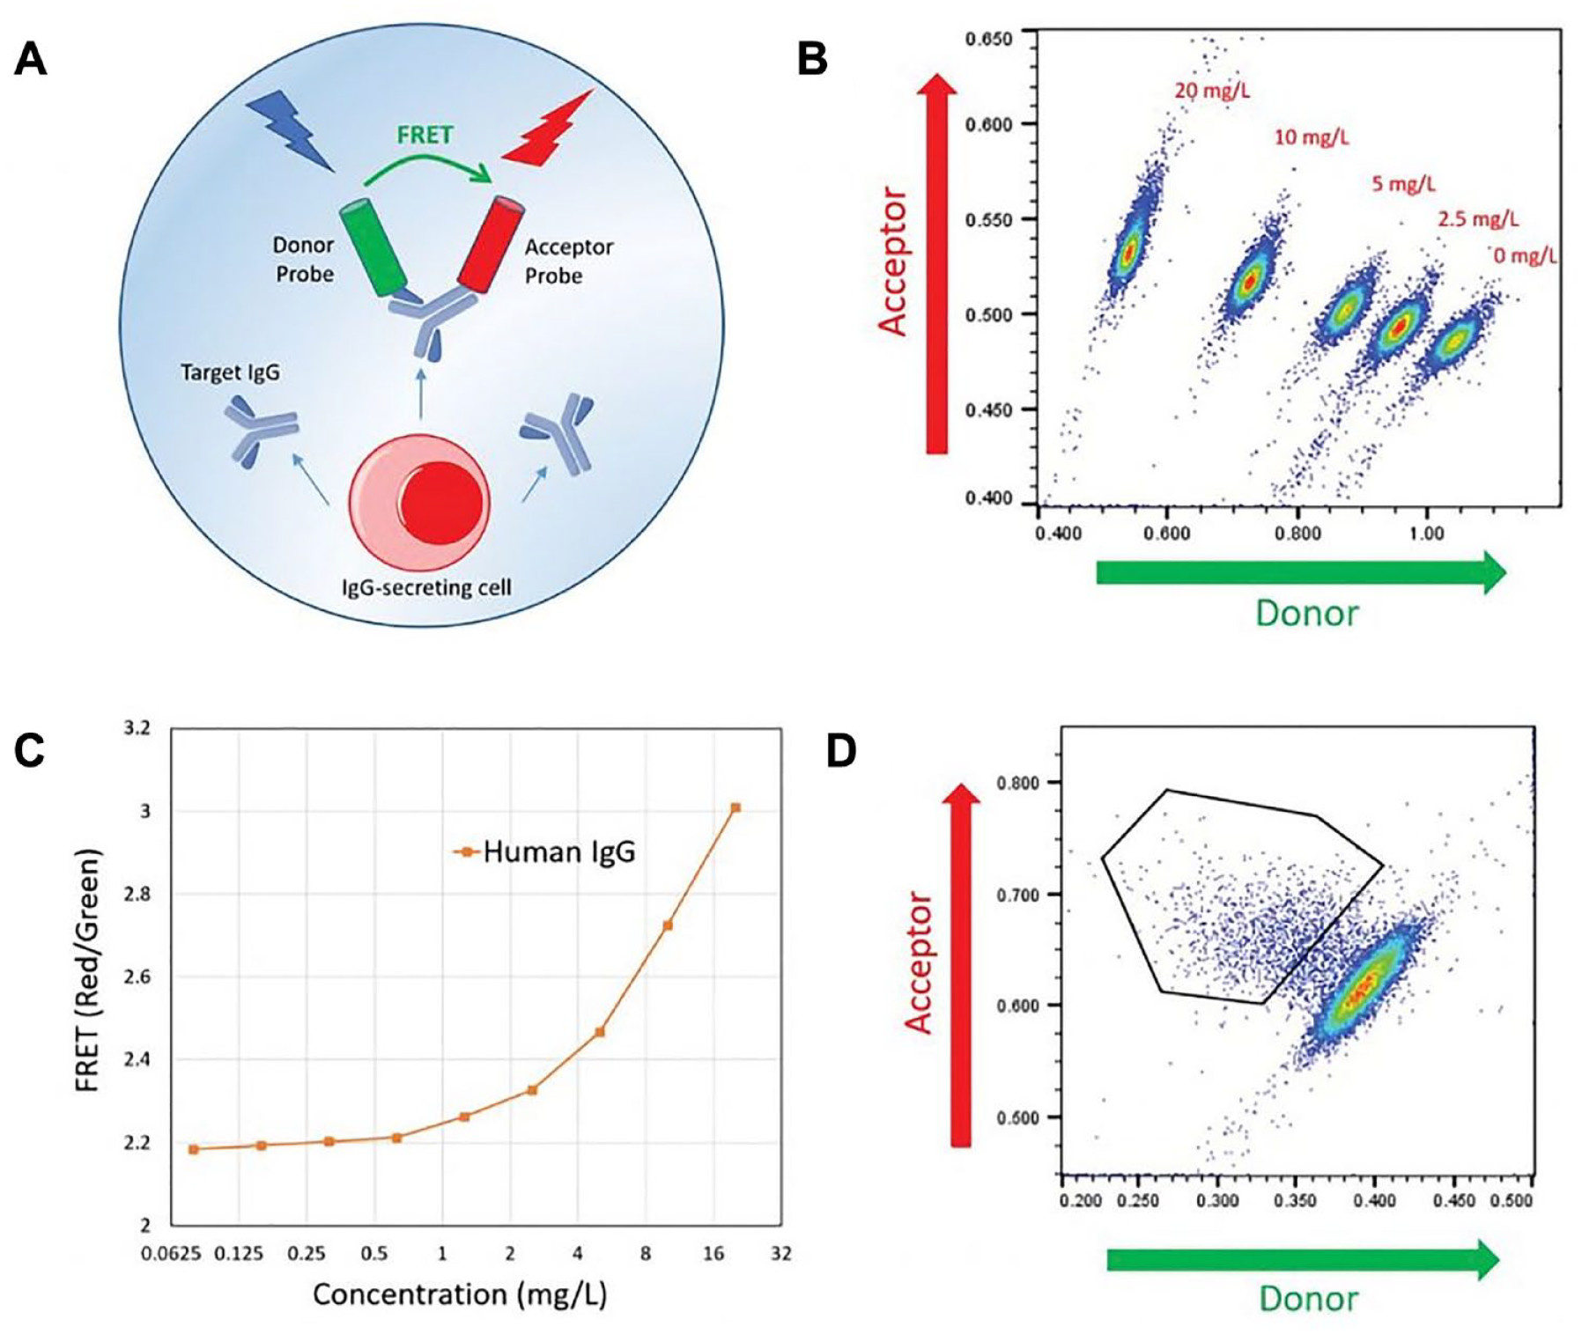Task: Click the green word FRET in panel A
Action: (425, 135)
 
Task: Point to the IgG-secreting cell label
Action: (426, 587)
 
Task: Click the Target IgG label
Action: (230, 372)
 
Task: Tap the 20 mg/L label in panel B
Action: (1212, 90)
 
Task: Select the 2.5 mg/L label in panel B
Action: (1478, 219)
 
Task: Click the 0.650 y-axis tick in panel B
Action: (988, 40)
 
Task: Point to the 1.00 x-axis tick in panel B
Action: (1426, 533)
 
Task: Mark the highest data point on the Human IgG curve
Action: (736, 807)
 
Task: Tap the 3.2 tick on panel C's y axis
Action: (137, 728)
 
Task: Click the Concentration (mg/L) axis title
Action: (460, 1294)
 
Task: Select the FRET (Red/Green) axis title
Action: (87, 970)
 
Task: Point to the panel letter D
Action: (841, 751)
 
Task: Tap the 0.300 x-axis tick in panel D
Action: (1218, 1201)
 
